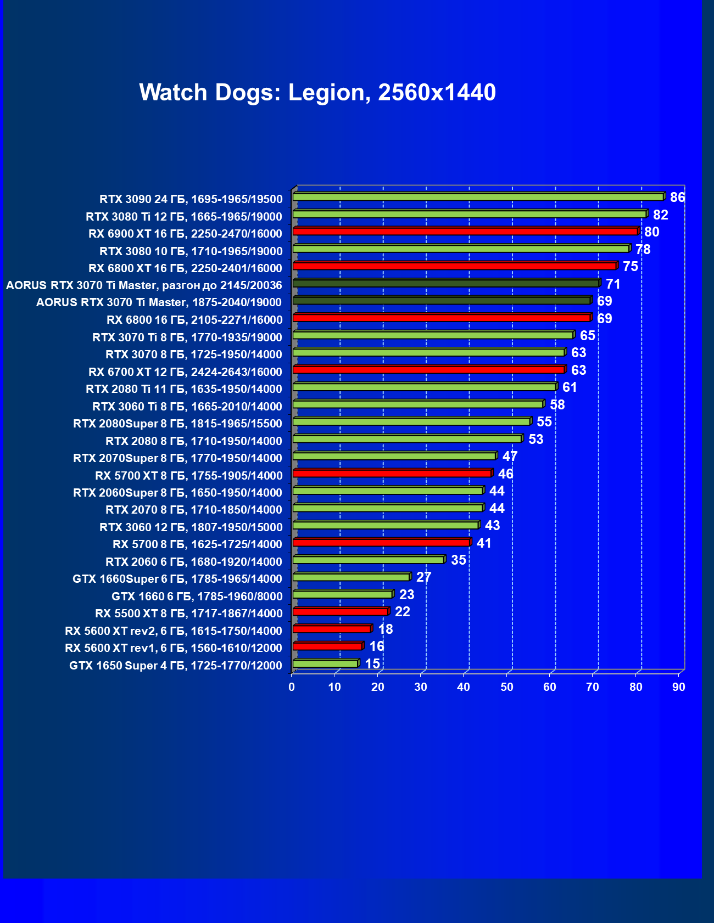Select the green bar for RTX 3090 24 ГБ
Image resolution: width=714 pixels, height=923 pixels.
click(478, 197)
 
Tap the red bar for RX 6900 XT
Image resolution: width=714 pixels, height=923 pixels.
click(465, 232)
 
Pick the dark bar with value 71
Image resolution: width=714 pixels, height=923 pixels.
click(445, 283)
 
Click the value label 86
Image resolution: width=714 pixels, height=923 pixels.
click(677, 198)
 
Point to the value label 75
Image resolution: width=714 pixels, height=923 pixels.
click(630, 267)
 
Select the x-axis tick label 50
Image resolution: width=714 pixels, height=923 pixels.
click(507, 687)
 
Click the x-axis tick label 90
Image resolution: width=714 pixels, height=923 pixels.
click(679, 687)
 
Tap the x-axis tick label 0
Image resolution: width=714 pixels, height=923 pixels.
click(292, 687)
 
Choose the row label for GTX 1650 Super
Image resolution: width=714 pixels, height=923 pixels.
click(176, 666)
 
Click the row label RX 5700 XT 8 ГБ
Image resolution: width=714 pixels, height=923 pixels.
click(188, 475)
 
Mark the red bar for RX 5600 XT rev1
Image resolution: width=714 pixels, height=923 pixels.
click(327, 646)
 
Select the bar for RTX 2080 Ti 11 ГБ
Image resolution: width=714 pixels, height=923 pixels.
click(424, 387)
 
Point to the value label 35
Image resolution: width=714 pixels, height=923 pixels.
click(458, 560)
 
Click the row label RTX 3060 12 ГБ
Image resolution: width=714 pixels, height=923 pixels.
click(191, 527)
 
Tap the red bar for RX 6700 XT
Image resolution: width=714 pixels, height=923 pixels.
click(428, 370)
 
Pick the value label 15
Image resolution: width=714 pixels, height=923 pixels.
click(372, 664)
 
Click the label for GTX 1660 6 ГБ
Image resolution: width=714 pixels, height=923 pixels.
click(197, 596)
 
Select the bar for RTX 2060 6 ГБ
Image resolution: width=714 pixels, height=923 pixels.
click(368, 560)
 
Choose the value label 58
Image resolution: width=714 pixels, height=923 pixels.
click(557, 405)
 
